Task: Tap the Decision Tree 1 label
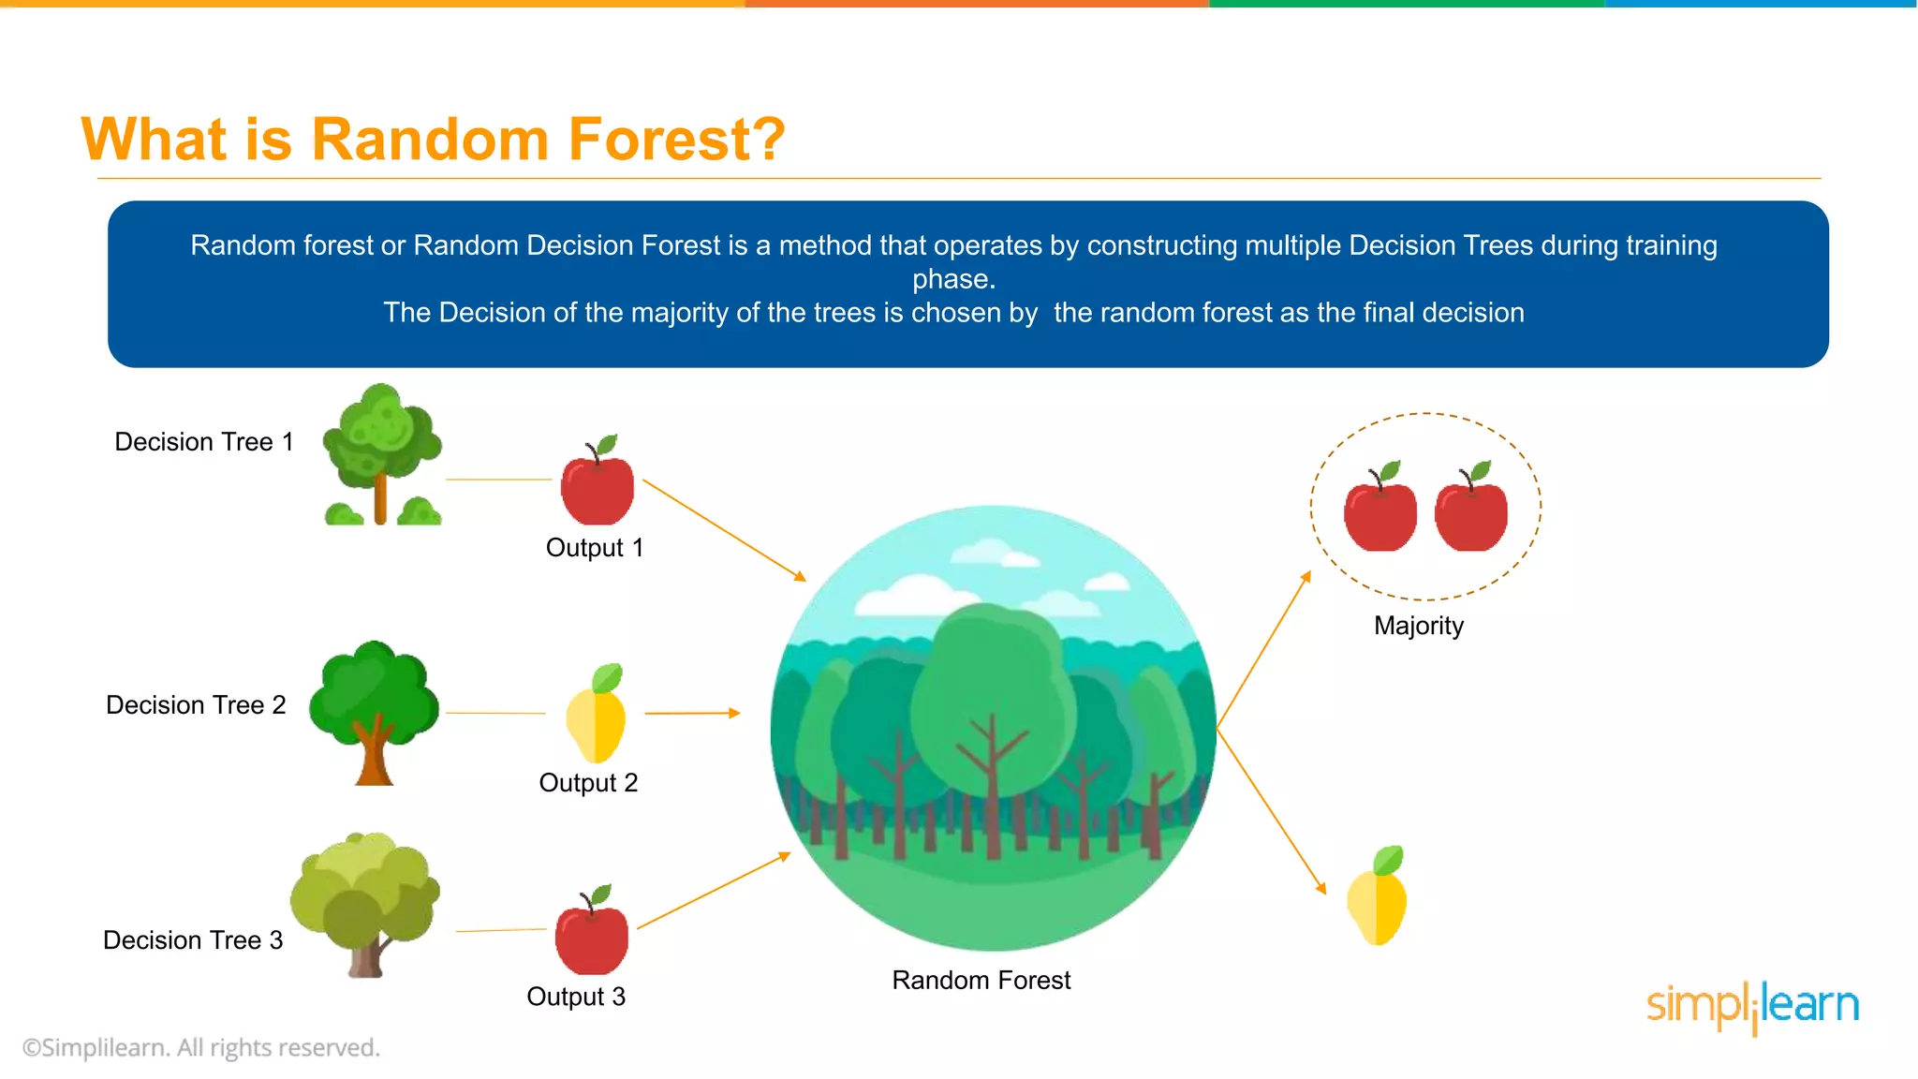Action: [x=203, y=441]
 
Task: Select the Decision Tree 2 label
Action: [x=196, y=704]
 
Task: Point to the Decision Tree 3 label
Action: [x=193, y=939]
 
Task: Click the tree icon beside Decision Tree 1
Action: [x=381, y=455]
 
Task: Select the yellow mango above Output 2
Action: [x=597, y=716]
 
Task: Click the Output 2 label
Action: [x=588, y=782]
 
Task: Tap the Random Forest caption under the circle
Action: [x=981, y=980]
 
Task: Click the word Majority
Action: [x=1418, y=625]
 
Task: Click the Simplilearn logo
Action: [x=1752, y=1007]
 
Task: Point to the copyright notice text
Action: [x=200, y=1047]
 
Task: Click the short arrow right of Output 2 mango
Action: [x=692, y=713]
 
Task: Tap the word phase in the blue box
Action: [x=953, y=279]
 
